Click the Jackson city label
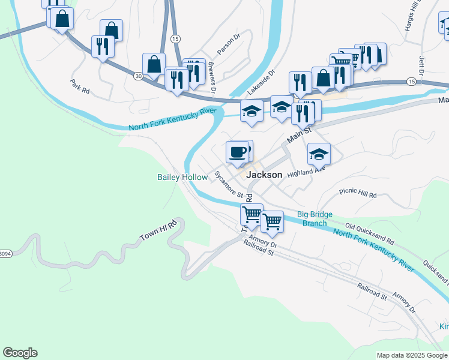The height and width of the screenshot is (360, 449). coord(264,175)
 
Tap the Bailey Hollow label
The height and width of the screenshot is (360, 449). coord(182,177)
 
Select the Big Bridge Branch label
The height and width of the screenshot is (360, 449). coord(315,219)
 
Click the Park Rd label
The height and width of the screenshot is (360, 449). coord(80,86)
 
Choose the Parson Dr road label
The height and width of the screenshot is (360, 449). coord(229,44)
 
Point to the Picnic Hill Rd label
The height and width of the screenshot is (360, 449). coord(358,195)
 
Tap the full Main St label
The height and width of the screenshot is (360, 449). coord(300,134)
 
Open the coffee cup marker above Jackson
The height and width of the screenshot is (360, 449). coord(238,152)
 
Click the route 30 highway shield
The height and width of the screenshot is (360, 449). coord(139,76)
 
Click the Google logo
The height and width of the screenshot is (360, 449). coord(20,353)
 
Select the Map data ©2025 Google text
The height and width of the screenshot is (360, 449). coord(411,355)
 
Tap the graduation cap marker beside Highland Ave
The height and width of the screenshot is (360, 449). coord(319,154)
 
